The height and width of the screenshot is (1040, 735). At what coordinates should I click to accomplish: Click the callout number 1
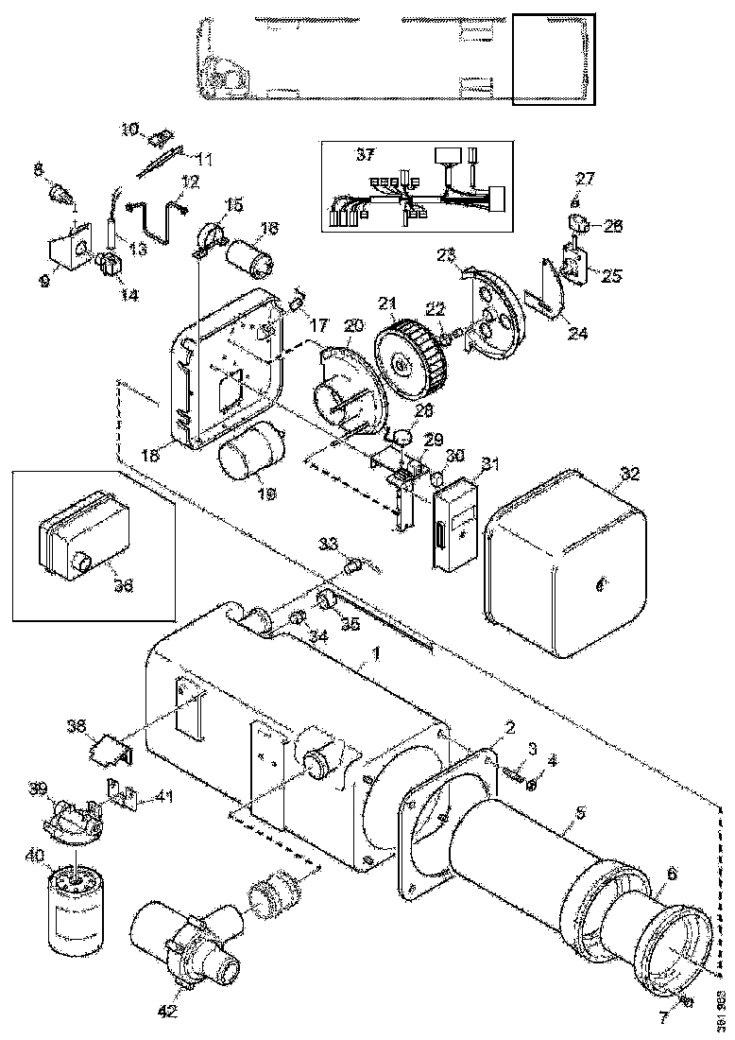376,652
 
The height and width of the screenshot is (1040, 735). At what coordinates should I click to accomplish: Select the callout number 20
353,325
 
